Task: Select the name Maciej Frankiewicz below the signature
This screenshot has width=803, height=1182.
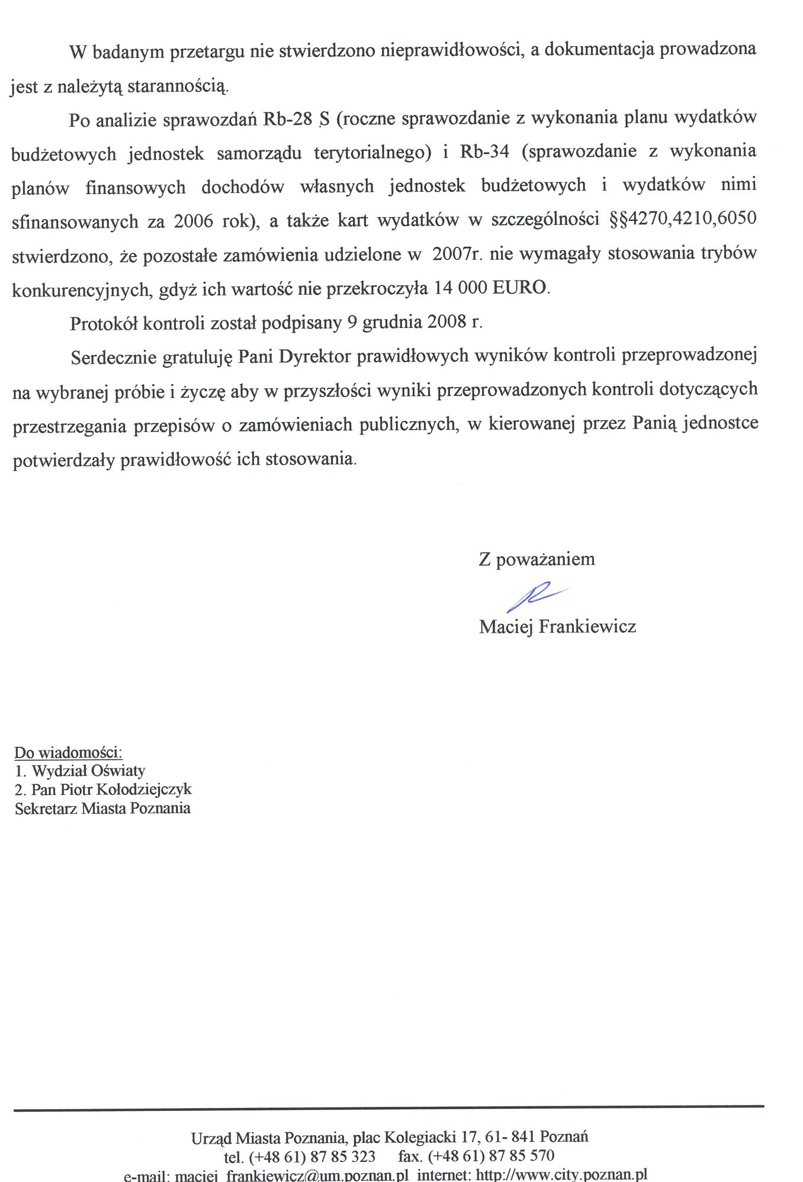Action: pyautogui.click(x=557, y=627)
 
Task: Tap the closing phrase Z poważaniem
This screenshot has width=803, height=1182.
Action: pyautogui.click(x=537, y=559)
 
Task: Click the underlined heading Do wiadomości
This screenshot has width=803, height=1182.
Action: pyautogui.click(x=68, y=753)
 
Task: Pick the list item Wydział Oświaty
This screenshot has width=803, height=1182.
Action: pyautogui.click(x=88, y=771)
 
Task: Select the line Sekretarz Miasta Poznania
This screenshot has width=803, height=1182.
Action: pyautogui.click(x=102, y=809)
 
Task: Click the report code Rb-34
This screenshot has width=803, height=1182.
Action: pyautogui.click(x=484, y=152)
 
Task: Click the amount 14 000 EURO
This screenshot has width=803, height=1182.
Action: pyautogui.click(x=491, y=288)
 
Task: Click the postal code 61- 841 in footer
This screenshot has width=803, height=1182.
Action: pyautogui.click(x=510, y=1136)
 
